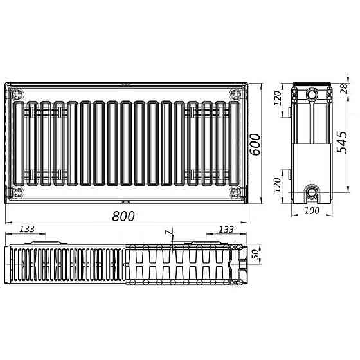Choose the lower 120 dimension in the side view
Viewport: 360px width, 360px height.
click(278, 186)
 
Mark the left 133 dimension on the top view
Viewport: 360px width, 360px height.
click(27, 230)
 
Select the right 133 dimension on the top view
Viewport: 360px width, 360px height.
click(226, 230)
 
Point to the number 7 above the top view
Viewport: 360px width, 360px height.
click(168, 231)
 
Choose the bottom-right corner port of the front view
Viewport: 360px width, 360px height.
click(233, 192)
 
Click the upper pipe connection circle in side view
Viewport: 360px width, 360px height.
click(312, 94)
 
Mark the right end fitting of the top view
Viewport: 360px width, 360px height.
click(242, 264)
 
